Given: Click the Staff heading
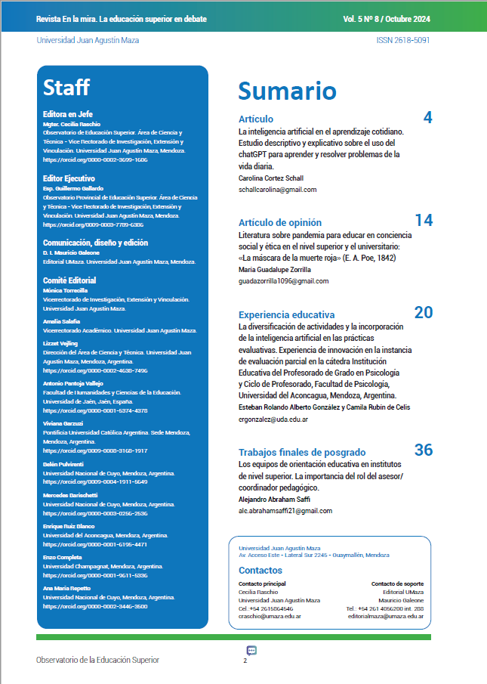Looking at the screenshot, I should pyautogui.click(x=66, y=88).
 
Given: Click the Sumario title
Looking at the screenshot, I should pyautogui.click(x=287, y=91).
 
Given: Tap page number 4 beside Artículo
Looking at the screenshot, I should pyautogui.click(x=427, y=117).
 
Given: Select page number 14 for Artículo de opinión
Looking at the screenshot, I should pyautogui.click(x=424, y=221).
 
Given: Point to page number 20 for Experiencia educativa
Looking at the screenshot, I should pyautogui.click(x=423, y=313).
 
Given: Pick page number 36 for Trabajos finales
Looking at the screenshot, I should pyautogui.click(x=424, y=450).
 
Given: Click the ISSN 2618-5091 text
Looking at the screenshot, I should pyautogui.click(x=402, y=40).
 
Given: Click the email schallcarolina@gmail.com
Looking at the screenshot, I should pyautogui.click(x=277, y=190).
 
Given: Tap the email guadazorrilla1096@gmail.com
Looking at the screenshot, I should pyautogui.click(x=283, y=281).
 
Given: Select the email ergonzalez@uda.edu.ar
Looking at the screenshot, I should pyautogui.click(x=273, y=419).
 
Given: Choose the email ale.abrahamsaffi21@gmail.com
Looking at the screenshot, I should pyautogui.click(x=285, y=511).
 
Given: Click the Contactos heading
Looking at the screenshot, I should pyautogui.click(x=260, y=570).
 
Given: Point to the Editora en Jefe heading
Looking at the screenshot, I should pyautogui.click(x=68, y=114).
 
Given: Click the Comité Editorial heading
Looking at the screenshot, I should pyautogui.click(x=69, y=280).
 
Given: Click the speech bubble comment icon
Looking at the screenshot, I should pyautogui.click(x=251, y=651).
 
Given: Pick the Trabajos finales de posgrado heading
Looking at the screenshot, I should pyautogui.click(x=302, y=452).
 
